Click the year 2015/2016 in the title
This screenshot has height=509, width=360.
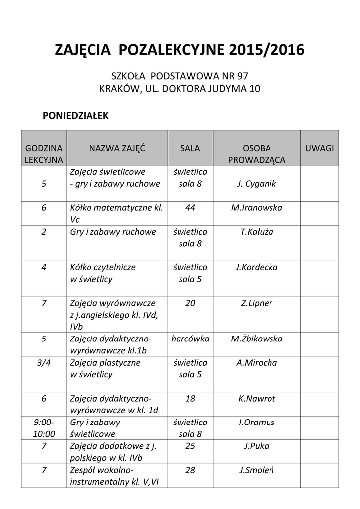pos(267,50)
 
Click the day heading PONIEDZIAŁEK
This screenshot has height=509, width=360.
pos(75,115)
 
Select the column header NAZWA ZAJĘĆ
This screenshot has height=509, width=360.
pos(117,148)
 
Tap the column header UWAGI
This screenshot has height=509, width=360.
pos(319,148)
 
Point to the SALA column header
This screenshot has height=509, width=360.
pos(190,148)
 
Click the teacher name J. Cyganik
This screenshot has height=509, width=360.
pos(257,184)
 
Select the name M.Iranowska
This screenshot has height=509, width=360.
pos(257,208)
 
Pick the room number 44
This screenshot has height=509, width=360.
pos(190,208)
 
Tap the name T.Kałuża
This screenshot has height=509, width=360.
pos(257,232)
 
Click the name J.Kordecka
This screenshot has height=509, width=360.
pos(257,267)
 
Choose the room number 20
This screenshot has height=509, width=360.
pos(190,303)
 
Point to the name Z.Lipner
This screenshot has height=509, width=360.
pos(257,303)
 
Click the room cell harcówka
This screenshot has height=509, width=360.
pos(190,339)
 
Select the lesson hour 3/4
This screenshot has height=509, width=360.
pos(44,363)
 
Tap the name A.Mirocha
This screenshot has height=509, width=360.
pos(257,363)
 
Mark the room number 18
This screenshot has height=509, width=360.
pos(190,399)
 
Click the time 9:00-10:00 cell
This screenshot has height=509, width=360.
pos(44,428)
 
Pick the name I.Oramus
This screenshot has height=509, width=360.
pos(257,423)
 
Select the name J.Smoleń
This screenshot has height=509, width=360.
pos(257,470)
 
